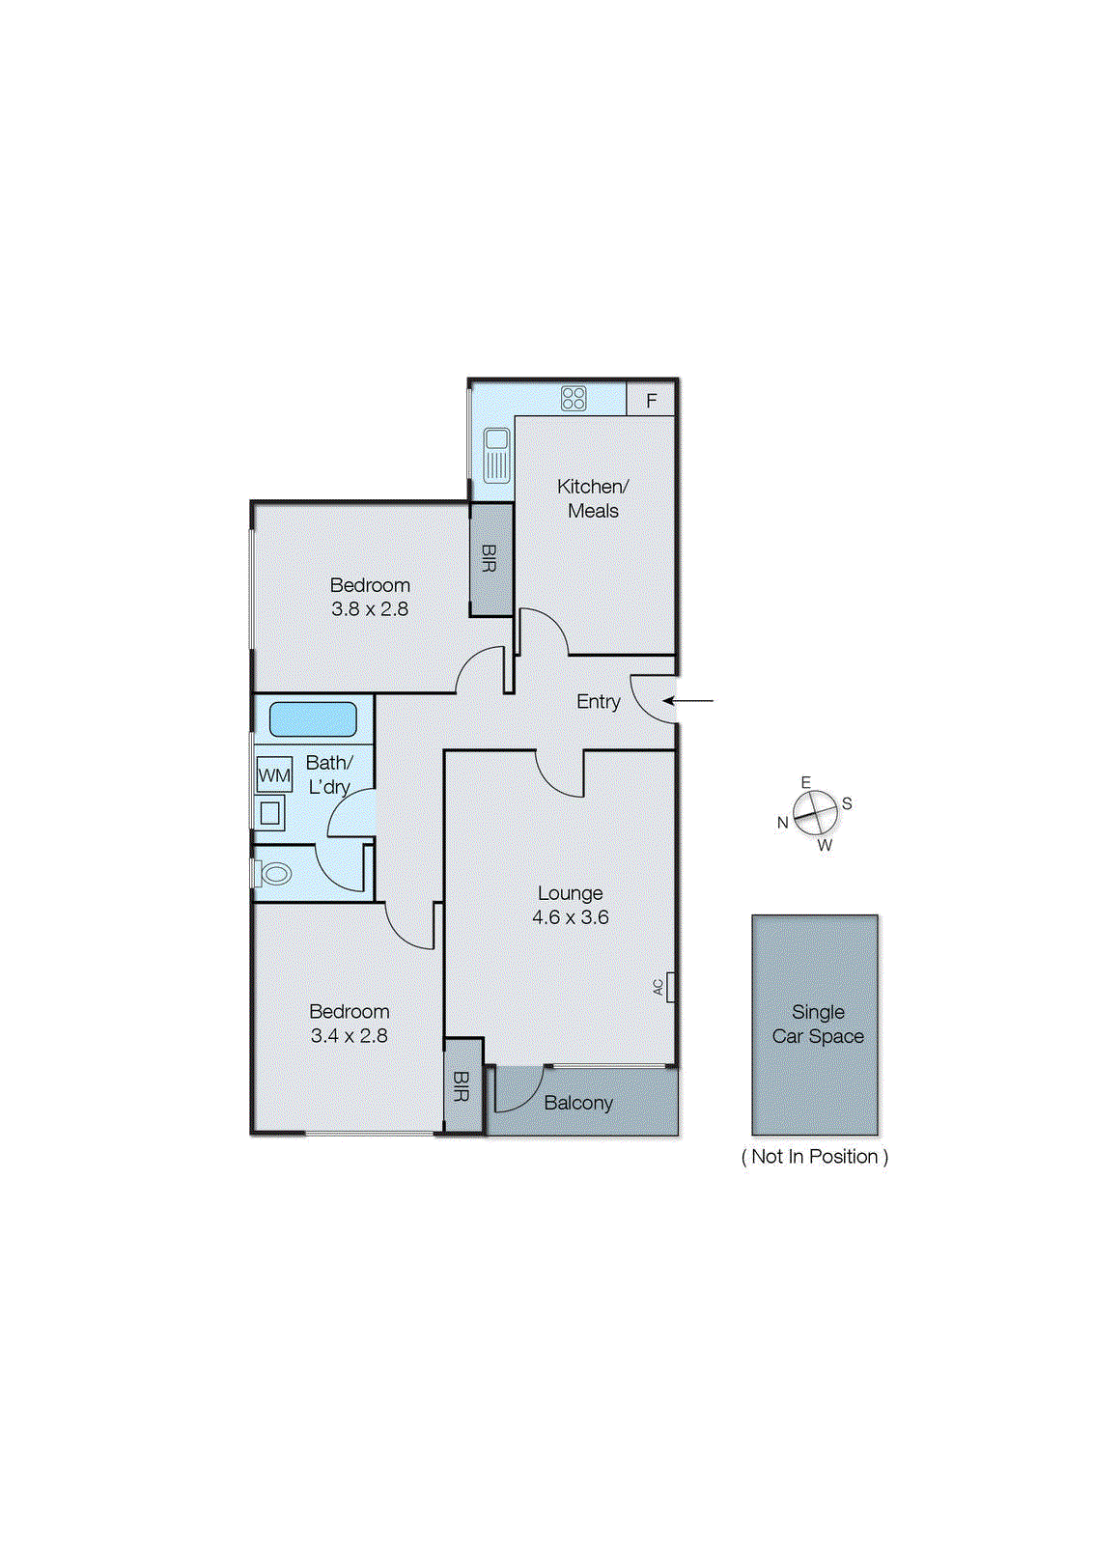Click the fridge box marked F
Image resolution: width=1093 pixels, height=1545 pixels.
(x=651, y=400)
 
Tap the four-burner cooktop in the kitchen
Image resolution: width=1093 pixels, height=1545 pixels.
(x=574, y=398)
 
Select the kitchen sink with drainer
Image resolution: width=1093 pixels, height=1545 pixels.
(x=496, y=455)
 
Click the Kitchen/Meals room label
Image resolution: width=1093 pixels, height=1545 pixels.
(x=593, y=498)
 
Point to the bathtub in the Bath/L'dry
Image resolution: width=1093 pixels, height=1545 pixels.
(x=313, y=719)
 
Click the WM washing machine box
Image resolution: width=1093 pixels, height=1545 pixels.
(x=274, y=774)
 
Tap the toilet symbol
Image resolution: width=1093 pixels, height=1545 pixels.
(x=274, y=874)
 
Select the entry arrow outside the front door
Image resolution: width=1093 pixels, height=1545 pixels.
(x=688, y=701)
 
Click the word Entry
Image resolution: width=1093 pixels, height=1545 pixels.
(x=598, y=702)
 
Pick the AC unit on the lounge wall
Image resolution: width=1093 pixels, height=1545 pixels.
(x=670, y=987)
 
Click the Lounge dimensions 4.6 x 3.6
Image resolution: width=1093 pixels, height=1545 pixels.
(x=570, y=917)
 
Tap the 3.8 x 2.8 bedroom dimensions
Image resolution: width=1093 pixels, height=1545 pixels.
(x=370, y=609)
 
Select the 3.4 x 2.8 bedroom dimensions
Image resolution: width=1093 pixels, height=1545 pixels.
(x=349, y=1036)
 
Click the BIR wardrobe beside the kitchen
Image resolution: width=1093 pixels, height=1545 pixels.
(x=490, y=558)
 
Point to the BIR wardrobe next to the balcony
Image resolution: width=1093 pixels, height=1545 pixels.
(x=462, y=1085)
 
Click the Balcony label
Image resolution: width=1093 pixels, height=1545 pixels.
(x=578, y=1103)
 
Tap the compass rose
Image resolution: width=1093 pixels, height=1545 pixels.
(x=816, y=813)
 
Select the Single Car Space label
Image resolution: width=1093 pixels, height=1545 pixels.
(x=818, y=1024)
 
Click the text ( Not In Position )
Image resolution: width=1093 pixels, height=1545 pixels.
(x=814, y=1157)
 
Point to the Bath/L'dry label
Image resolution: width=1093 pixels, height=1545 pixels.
(x=329, y=774)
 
